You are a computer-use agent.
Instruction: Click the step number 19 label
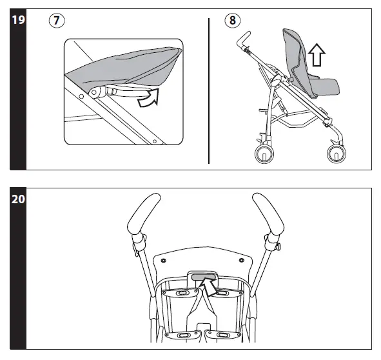tap(18, 21)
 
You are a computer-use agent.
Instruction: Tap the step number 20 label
tap(18, 199)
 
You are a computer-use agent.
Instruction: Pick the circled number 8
tap(231, 21)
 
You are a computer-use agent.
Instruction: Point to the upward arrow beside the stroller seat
tap(315, 56)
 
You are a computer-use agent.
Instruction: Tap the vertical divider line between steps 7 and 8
tap(209, 90)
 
